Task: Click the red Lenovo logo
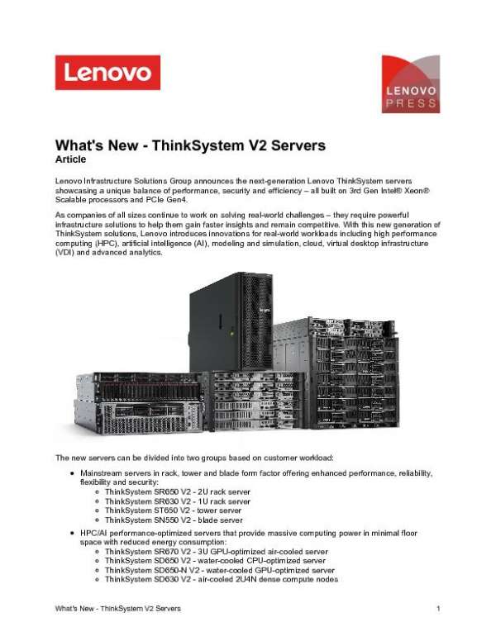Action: click(107, 73)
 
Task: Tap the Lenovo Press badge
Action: click(410, 84)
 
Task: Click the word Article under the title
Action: click(70, 158)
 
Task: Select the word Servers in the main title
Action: click(292, 145)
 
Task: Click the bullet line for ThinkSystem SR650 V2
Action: click(177, 492)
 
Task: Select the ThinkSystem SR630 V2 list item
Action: click(177, 501)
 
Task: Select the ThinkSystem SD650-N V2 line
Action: click(219, 569)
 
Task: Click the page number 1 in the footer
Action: click(437, 609)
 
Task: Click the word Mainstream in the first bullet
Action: click(103, 473)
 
